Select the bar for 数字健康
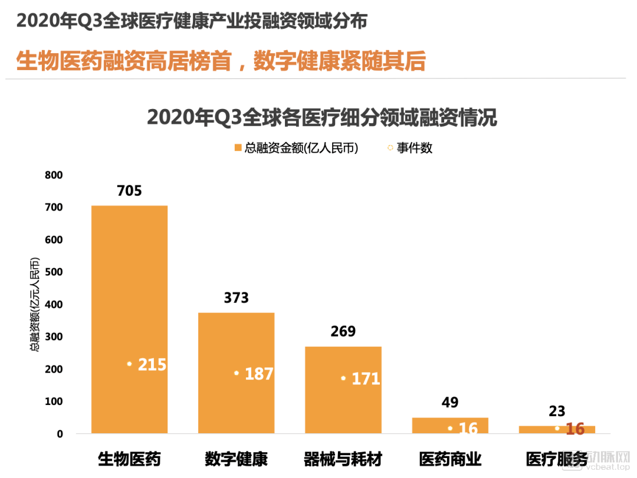coord(236,342)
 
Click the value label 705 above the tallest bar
coord(129,191)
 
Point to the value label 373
coord(236,298)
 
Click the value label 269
coord(343,332)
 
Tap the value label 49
coord(450,403)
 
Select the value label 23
coord(557,411)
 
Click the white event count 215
coord(152,365)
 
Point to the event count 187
coord(258,374)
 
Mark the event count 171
coord(366,379)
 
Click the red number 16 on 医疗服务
coord(575,429)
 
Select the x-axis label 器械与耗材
coord(343,459)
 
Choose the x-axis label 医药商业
coord(450,459)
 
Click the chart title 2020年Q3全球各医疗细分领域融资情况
coord(321,117)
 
